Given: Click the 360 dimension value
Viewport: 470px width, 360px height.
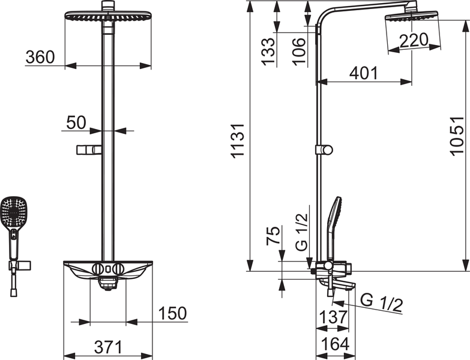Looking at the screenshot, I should [x=40, y=58].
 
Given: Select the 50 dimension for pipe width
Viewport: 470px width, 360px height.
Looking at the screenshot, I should [x=75, y=122].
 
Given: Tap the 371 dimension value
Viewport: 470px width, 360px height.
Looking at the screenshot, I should [x=108, y=347].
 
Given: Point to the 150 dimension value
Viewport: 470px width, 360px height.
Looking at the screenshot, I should [x=172, y=313].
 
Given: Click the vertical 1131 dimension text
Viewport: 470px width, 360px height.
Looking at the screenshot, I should [x=238, y=141].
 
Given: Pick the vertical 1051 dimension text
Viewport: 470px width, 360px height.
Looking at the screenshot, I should [x=457, y=136].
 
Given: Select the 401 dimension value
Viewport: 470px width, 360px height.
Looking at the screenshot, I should [x=364, y=73].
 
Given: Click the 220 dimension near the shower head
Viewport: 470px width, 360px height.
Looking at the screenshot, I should [x=414, y=40].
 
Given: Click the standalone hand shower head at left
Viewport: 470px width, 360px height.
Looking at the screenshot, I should [x=13, y=212].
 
